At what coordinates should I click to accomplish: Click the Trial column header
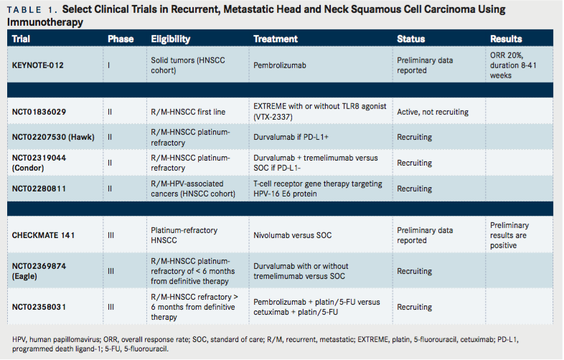(x=22, y=39)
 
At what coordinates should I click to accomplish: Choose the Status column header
(x=411, y=39)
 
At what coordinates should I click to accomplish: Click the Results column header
(x=506, y=39)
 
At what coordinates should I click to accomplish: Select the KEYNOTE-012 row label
(x=38, y=65)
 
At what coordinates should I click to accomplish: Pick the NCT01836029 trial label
(x=41, y=112)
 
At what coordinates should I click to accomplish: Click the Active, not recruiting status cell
(x=433, y=112)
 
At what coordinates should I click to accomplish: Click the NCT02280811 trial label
(x=41, y=189)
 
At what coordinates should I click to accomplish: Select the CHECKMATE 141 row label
(x=44, y=235)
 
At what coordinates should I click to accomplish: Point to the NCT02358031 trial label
(x=41, y=307)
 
